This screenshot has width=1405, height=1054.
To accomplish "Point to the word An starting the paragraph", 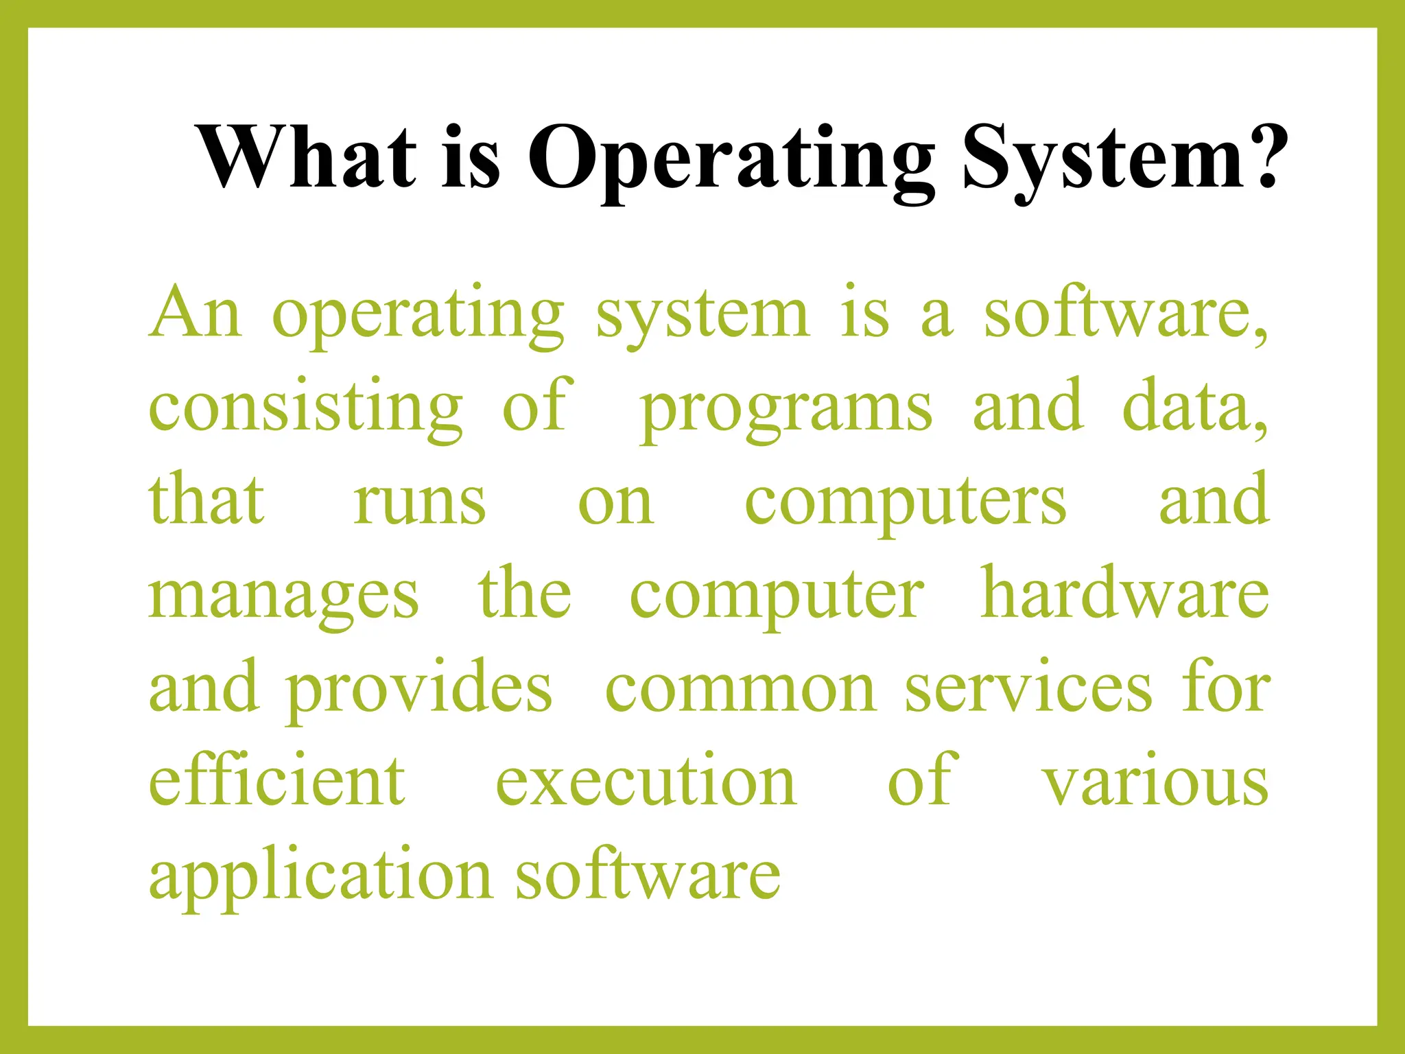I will [196, 313].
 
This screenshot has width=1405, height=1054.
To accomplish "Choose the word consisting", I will [306, 408].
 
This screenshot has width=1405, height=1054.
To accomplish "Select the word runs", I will [419, 501].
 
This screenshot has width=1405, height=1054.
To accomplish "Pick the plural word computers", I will [906, 502].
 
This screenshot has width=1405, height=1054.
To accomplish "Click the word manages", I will [283, 596].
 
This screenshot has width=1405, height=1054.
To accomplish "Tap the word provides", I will [418, 689].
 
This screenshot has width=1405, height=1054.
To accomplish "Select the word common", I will [740, 689].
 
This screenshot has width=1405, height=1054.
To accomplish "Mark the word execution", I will [646, 782].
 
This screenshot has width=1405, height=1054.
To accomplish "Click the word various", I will [1156, 782].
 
